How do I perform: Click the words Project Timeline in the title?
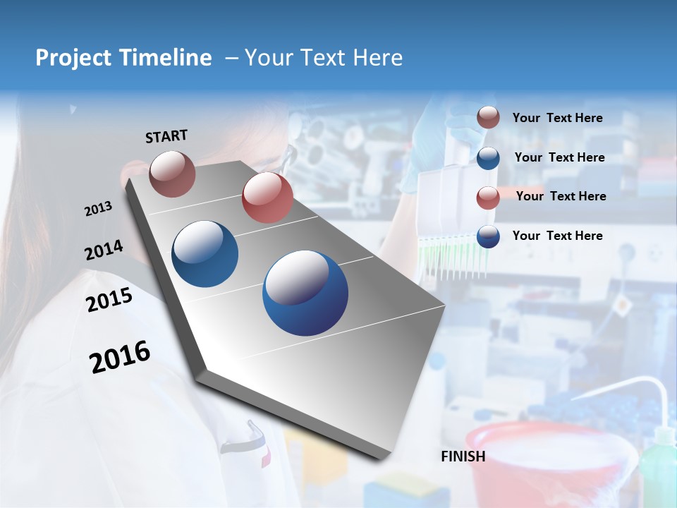123,58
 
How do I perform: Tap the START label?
166,136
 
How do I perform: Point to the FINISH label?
463,456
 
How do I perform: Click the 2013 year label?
98,209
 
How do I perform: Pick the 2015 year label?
109,300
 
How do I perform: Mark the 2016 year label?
120,357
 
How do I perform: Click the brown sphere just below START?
172,174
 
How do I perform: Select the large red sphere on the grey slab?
267,198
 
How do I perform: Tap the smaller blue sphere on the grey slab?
205,254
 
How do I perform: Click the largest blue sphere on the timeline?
305,293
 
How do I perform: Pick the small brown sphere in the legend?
488,117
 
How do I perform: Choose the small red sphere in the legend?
488,198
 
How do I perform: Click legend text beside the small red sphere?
561,196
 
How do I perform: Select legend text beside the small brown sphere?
557,118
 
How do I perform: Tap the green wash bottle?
657,466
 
